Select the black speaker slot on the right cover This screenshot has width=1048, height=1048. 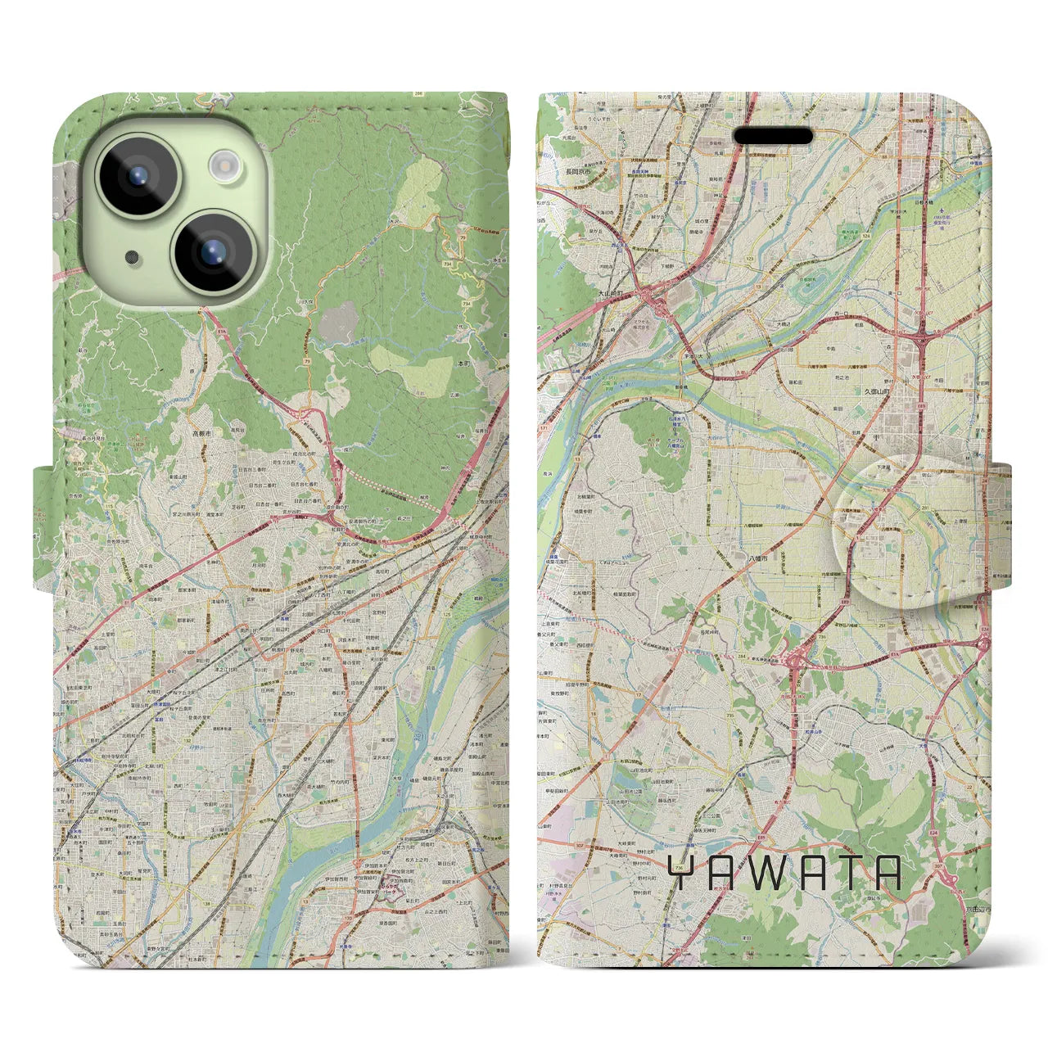(772, 136)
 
